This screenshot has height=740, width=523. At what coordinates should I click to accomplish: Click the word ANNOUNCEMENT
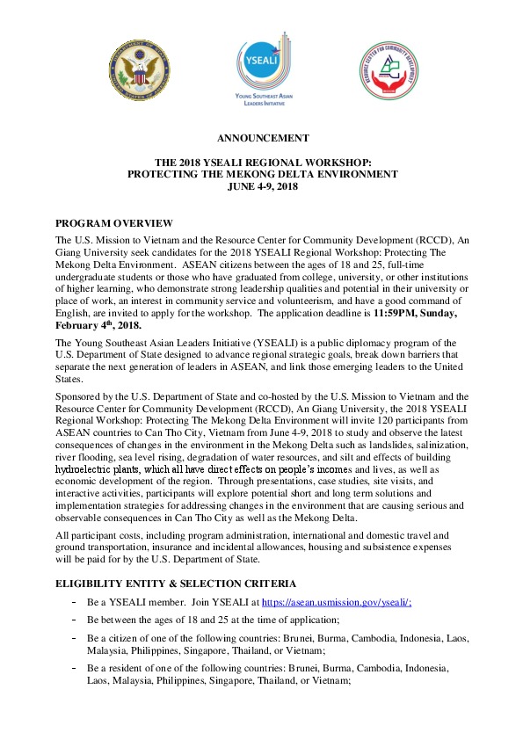[x=262, y=137]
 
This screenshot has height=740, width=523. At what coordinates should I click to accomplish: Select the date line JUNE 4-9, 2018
[x=262, y=186]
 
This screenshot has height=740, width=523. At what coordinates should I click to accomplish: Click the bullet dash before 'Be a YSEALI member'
[x=74, y=602]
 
